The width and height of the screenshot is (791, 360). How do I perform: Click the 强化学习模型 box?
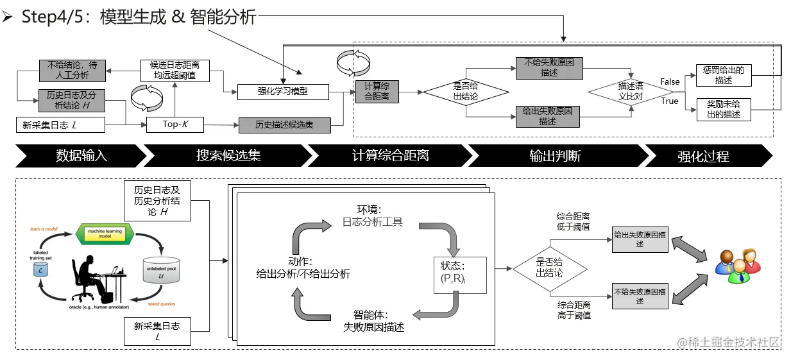pyautogui.click(x=282, y=91)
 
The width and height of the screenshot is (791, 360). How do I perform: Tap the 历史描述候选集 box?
pyautogui.click(x=284, y=124)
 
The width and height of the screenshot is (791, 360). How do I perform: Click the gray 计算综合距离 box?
pyautogui.click(x=377, y=91)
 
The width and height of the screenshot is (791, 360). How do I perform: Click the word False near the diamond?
pyautogui.click(x=670, y=81)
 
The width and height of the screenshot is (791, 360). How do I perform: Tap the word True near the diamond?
pyautogui.click(x=669, y=101)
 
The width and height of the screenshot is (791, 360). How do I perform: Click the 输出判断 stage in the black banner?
pyautogui.click(x=555, y=156)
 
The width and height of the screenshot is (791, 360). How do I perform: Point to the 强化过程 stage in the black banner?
pyautogui.click(x=703, y=156)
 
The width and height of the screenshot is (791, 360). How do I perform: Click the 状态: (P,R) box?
pyautogui.click(x=460, y=274)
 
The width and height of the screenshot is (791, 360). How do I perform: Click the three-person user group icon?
pyautogui.click(x=737, y=264)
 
